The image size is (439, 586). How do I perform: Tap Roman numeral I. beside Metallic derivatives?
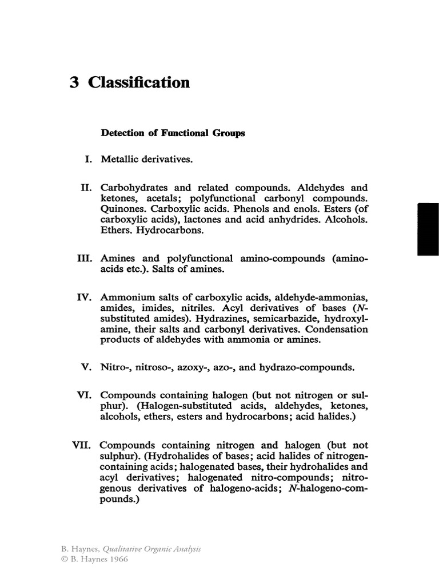click(x=89, y=159)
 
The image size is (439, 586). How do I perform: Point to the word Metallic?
click(x=119, y=159)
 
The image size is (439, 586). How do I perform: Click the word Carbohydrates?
click(x=136, y=188)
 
